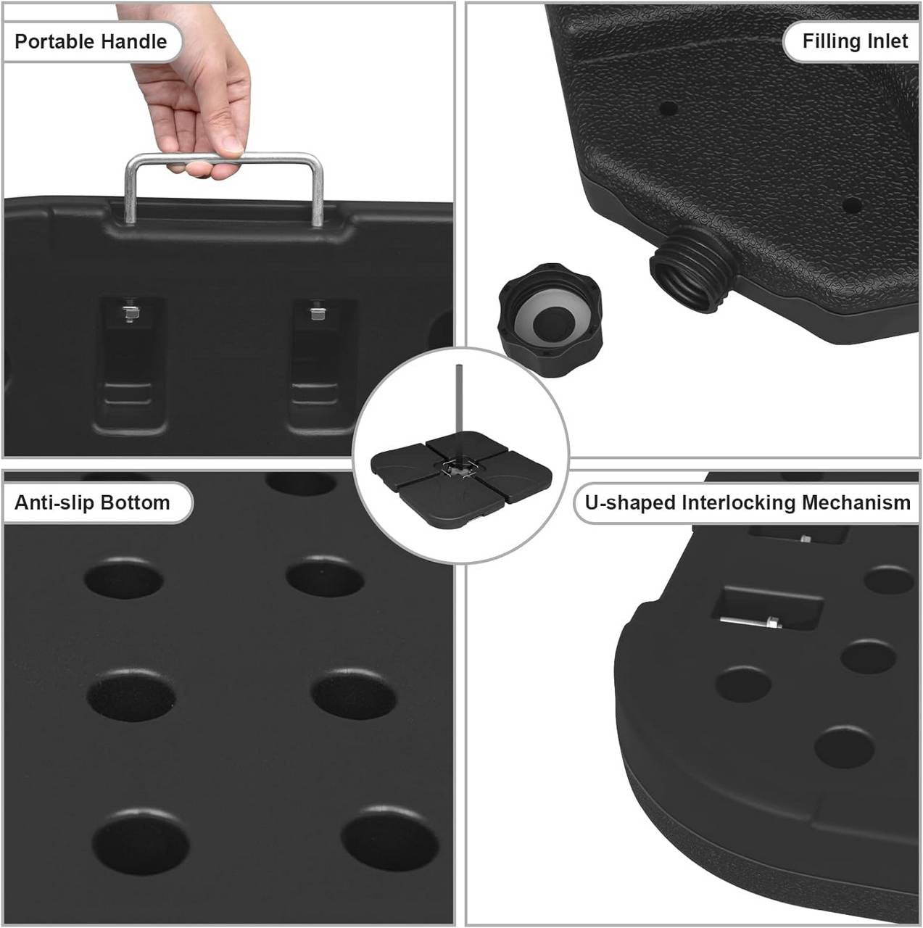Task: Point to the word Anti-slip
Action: (x=54, y=502)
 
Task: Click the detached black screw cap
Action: (x=550, y=320)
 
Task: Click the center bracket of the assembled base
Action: (x=458, y=467)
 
